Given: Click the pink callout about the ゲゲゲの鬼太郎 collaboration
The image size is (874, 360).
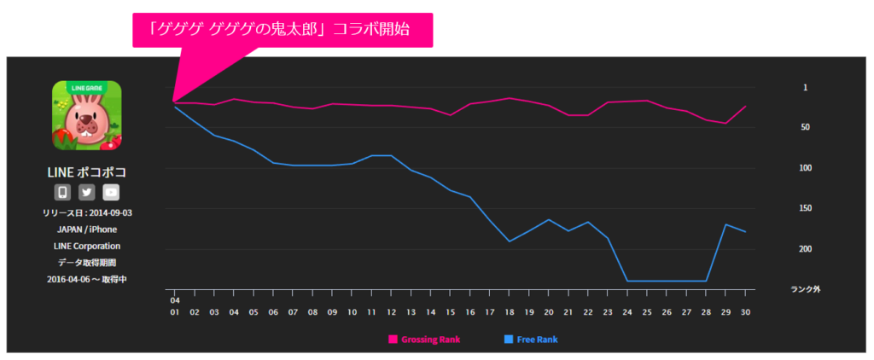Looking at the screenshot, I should coord(283,30).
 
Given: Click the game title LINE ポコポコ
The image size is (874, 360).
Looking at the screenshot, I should coord(86,172).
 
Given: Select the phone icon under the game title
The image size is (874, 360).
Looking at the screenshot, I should coord(62,192).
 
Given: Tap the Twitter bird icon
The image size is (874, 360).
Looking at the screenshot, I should coord(86,192).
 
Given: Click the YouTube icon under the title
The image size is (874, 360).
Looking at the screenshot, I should coord(111,192).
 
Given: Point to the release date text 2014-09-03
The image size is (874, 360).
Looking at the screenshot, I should coord(86,212).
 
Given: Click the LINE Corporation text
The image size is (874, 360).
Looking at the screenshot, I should coord(86,246).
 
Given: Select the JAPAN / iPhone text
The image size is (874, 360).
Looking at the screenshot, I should coord(86,229).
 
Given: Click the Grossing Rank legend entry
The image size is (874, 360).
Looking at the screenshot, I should coord(424,340).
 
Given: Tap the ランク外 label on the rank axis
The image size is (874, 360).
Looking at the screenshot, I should coord(805,289).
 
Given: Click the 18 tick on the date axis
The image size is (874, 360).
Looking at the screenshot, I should coord(510,312).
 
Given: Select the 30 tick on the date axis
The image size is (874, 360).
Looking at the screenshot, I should coord(746,312).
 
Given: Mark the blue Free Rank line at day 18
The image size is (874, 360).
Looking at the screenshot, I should coord(510,241).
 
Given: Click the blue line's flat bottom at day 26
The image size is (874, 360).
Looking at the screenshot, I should coord(667,281).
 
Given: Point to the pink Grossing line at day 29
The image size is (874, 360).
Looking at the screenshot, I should coord(726,124).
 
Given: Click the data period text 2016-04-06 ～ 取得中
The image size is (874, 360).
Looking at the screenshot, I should coord(86,279).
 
